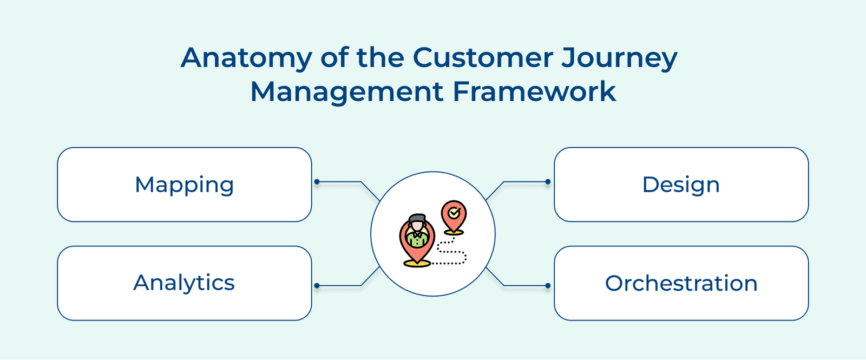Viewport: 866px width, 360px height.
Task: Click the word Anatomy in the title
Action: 246,58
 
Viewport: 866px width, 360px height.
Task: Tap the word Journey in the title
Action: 619,58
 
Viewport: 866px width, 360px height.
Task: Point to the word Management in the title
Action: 346,91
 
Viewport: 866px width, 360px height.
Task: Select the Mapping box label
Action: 184,185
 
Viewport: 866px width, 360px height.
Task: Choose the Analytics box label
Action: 184,283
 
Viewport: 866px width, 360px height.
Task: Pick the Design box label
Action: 681,185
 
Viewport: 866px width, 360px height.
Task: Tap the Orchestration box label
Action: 681,284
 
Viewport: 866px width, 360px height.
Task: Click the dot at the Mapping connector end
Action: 317,182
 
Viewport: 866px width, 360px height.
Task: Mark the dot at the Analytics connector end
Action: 317,285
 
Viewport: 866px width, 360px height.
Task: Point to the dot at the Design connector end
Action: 548,182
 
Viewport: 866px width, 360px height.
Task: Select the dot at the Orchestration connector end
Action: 548,285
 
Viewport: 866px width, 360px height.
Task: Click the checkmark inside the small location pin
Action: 454,213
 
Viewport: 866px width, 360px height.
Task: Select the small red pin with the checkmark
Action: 454,217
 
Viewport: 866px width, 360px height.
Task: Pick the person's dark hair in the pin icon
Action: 417,218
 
